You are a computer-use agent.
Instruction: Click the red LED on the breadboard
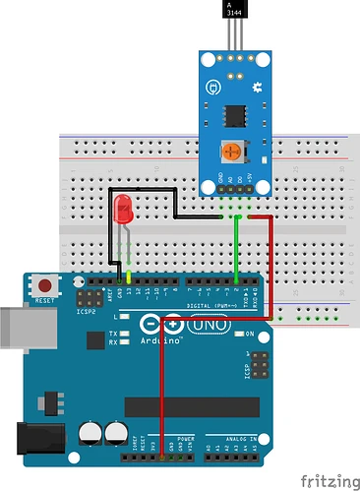(124, 209)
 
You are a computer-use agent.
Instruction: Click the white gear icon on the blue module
(258, 88)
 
